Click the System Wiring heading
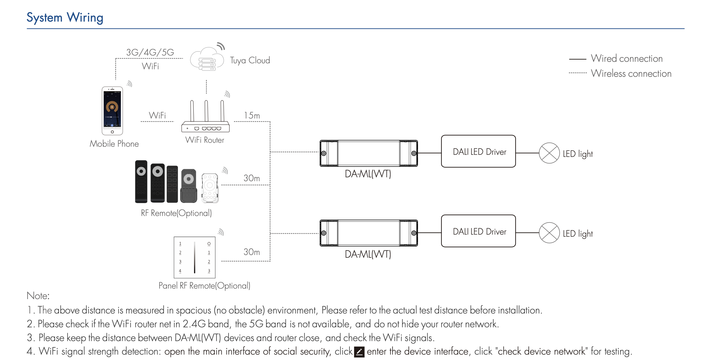[65, 18]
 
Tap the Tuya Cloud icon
[207, 59]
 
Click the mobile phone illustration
[112, 111]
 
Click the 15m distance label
[252, 115]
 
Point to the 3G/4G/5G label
[150, 52]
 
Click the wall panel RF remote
[194, 257]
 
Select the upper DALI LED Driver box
[478, 151]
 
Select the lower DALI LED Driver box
[478, 231]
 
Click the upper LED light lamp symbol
[549, 153]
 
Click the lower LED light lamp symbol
[549, 233]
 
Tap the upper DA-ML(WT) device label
[368, 174]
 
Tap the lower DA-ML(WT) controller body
[369, 233]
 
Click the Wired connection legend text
[627, 58]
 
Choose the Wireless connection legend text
[631, 73]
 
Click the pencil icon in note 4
[359, 352]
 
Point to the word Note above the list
[38, 296]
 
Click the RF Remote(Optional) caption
[176, 213]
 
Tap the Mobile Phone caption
[114, 144]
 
